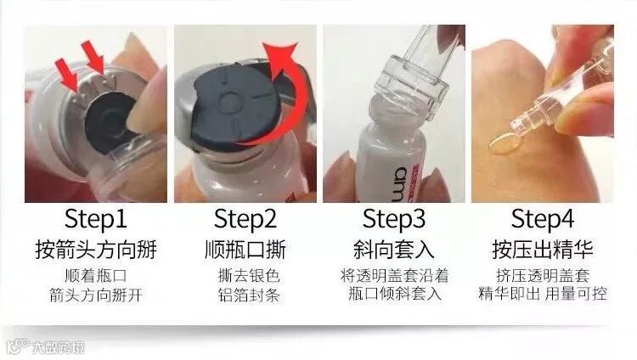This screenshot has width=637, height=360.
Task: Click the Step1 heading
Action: point(96,219)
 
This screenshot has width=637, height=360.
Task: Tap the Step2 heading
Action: point(245,219)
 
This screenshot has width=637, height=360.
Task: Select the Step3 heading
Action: point(394,219)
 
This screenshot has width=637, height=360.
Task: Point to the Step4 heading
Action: point(543,219)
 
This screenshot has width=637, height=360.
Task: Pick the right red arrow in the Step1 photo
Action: point(93,58)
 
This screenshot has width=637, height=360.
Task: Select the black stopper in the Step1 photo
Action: point(109,122)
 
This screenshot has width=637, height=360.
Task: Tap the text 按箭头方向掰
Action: point(96,250)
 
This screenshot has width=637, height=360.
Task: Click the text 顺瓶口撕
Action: point(245,250)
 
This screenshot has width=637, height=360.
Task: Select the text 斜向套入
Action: point(394,250)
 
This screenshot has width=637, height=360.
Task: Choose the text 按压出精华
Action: point(543,250)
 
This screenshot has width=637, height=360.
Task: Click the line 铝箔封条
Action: point(249,295)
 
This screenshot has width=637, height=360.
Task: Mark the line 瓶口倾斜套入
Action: point(394,294)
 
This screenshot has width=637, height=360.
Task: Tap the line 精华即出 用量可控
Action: point(543,294)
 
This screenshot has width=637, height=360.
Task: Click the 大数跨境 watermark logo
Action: point(46,347)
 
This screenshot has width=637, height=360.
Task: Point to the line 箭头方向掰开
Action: point(96,295)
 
